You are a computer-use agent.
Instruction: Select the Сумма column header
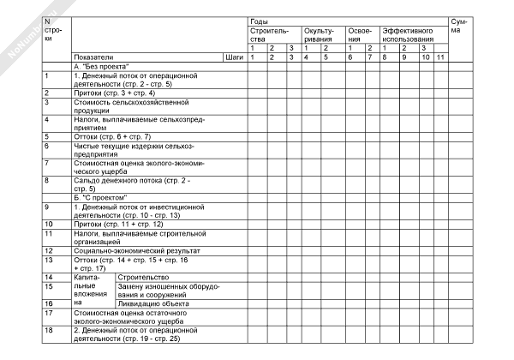click(461, 25)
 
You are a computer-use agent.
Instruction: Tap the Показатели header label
click(92, 57)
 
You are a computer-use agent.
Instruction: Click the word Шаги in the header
click(233, 57)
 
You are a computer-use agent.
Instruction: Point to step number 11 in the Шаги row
click(440, 57)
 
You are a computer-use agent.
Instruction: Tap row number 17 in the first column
click(50, 313)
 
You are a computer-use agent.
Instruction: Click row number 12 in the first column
click(50, 250)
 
